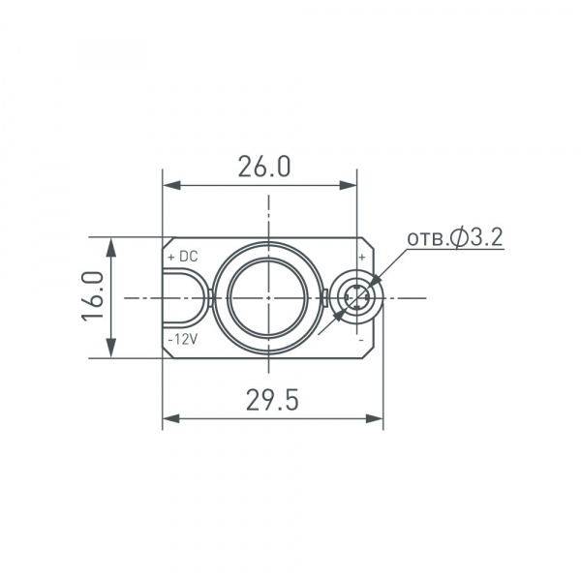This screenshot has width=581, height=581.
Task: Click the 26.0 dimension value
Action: point(263,167)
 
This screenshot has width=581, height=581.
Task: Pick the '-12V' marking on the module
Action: point(182,340)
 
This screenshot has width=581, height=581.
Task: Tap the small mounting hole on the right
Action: point(355,297)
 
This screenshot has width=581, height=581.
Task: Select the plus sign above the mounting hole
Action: point(362,258)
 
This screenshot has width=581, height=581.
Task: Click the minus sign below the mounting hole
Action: point(361,341)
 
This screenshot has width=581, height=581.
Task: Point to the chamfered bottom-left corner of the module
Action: point(168,352)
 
